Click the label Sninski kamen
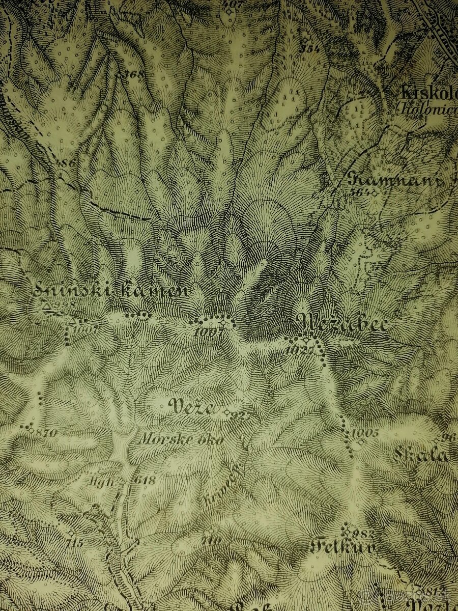tap(110, 291)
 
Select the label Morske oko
tap(181, 439)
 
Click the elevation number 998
tap(65, 305)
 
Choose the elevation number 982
tap(363, 534)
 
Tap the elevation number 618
tap(145, 480)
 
